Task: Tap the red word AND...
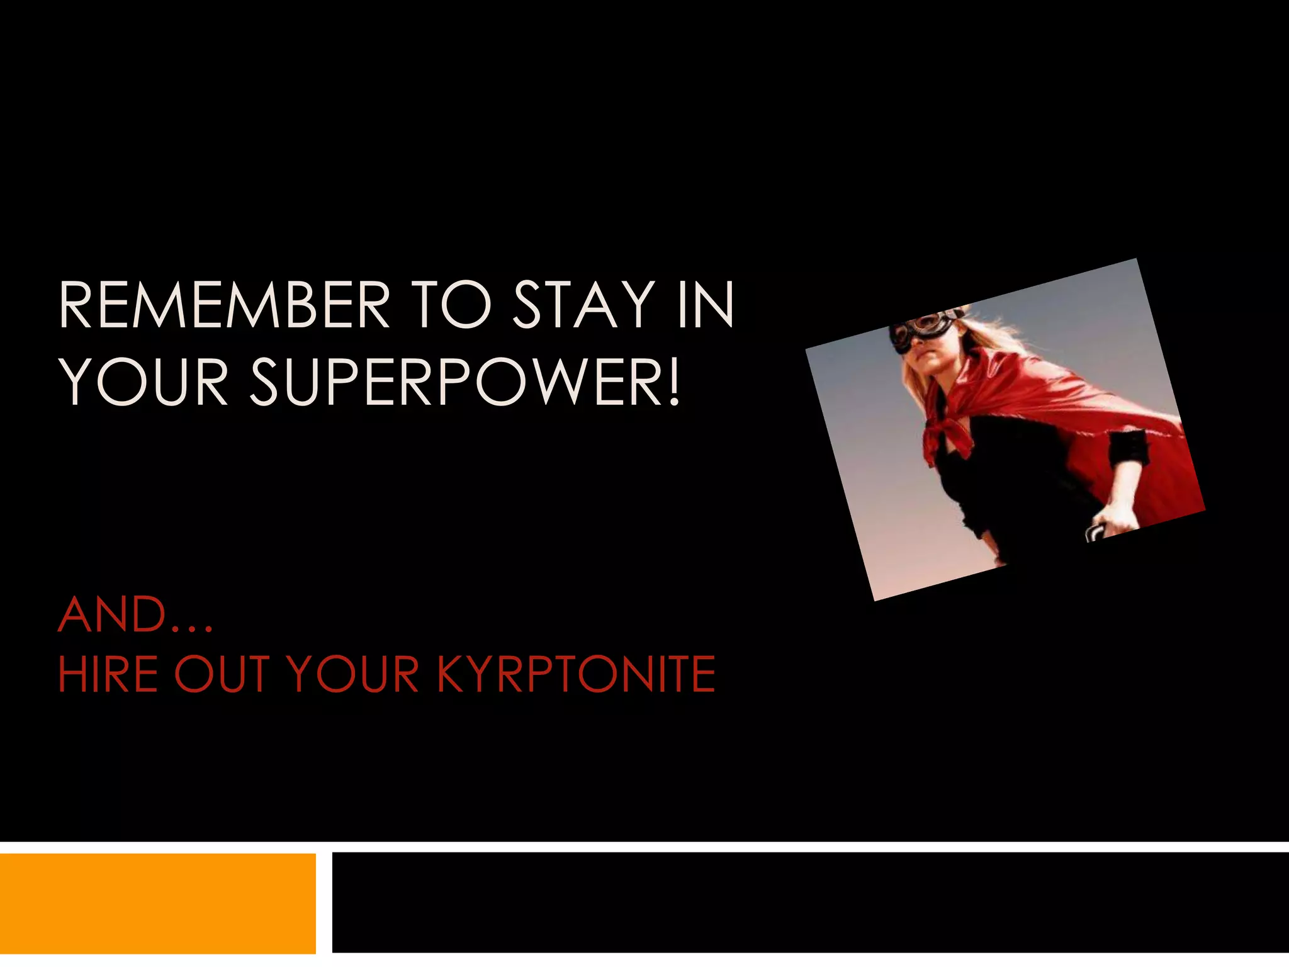113,615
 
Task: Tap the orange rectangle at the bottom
157,903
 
